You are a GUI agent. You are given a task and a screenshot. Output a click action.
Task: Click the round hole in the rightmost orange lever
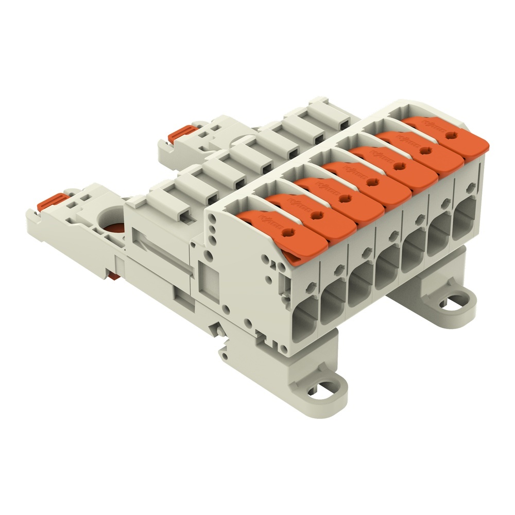click(x=452, y=135)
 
